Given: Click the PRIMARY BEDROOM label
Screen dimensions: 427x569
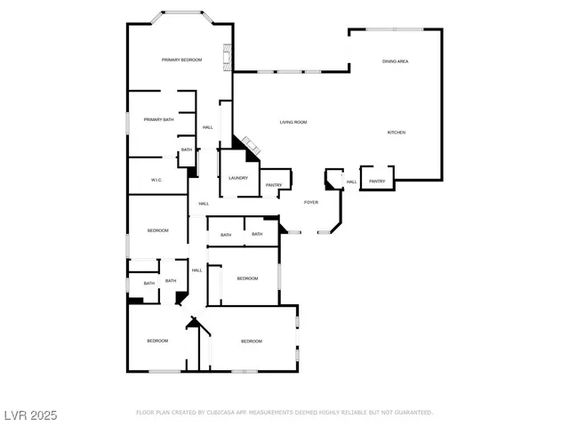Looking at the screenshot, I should [181, 60].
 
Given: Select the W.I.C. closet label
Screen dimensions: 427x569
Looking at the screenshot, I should [156, 180].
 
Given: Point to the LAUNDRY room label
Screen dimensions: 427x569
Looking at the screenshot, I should [238, 178].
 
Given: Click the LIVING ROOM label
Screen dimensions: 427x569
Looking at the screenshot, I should [293, 122].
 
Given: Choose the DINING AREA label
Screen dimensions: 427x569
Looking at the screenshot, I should [395, 61].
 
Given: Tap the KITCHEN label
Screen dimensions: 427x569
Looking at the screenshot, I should [396, 133].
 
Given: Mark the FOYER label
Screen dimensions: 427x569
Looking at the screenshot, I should [311, 203].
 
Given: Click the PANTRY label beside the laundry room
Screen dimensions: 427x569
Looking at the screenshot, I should [273, 185].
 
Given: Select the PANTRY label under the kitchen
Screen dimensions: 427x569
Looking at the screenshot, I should [377, 181].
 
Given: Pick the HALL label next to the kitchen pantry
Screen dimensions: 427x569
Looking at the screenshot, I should [351, 182].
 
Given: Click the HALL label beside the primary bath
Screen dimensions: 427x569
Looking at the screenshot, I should [207, 127].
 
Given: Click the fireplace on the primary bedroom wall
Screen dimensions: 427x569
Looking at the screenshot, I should [228, 58].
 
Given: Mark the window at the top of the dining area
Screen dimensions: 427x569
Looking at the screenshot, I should [396, 30].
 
